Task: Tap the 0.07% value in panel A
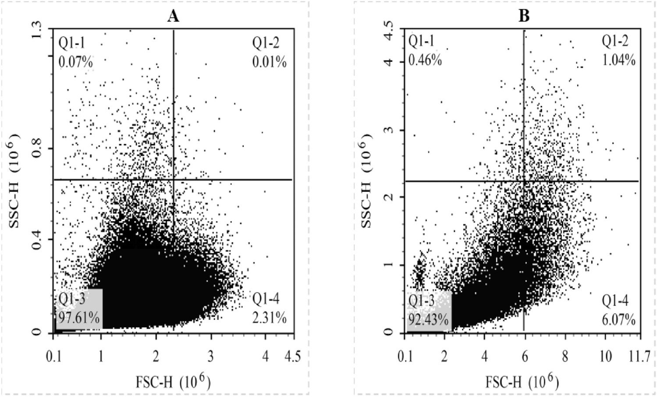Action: tap(75, 62)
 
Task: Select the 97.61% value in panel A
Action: tap(79, 317)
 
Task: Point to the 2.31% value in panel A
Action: tap(270, 318)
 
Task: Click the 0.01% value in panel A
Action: tap(270, 62)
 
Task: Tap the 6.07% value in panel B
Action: tap(618, 320)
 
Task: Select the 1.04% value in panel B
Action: tap(618, 60)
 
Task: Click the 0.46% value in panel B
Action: tap(425, 60)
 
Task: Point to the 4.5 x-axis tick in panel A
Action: tap(292, 357)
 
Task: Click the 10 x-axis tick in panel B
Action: tap(605, 357)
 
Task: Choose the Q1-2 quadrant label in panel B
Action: tap(615, 41)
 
